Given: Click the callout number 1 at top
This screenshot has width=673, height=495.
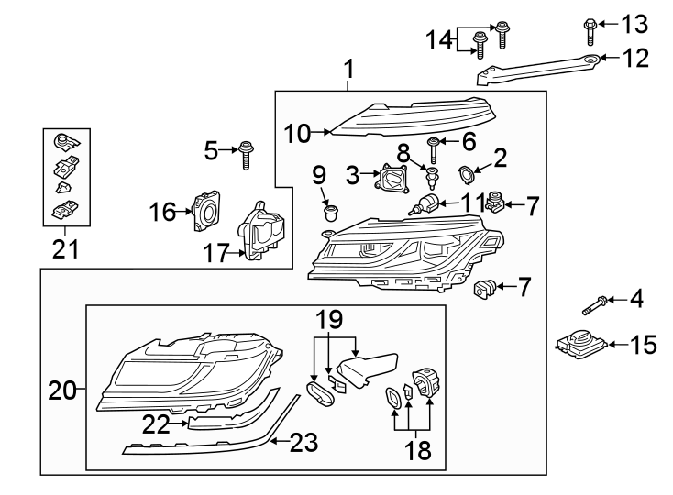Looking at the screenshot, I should [348, 69].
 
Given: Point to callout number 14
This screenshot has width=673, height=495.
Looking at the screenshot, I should [439, 40].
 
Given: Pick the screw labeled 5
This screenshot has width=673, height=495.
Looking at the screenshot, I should [246, 155].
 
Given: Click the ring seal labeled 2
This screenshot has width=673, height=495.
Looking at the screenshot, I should [467, 170].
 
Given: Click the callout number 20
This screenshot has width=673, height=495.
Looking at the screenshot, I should [61, 391].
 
